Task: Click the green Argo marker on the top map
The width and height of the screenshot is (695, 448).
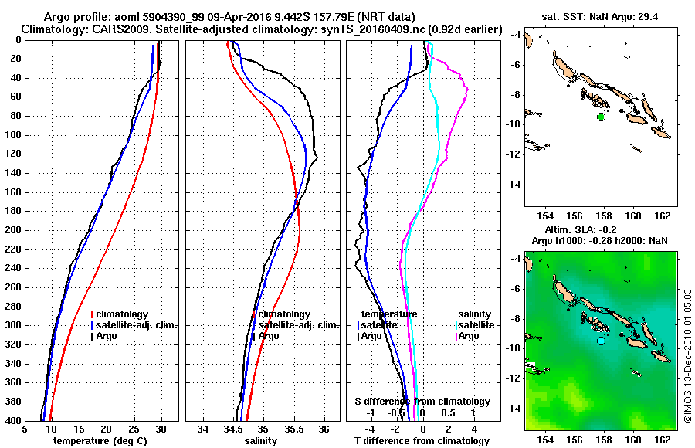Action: (601, 117)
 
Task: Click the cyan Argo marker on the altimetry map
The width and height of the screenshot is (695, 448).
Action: (601, 341)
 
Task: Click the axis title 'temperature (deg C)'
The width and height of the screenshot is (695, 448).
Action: (101, 441)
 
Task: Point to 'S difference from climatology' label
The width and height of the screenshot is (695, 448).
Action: (422, 402)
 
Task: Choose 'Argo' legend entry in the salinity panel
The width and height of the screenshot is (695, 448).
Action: (269, 336)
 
